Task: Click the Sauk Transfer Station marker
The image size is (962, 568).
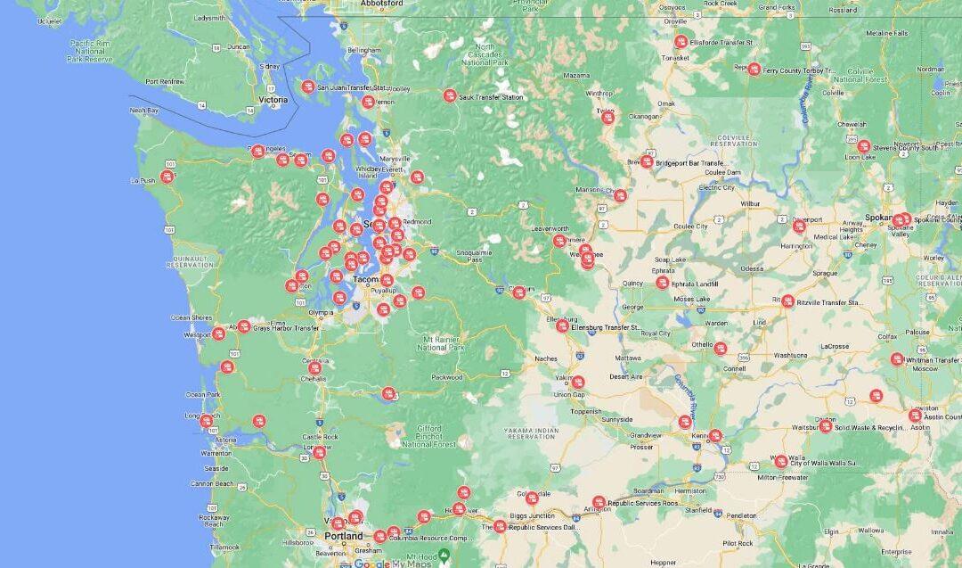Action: [450, 95]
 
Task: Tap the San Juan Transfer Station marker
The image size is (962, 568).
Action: [308, 86]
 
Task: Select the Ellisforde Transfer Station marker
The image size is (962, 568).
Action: [681, 42]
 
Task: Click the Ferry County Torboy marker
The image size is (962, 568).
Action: [754, 69]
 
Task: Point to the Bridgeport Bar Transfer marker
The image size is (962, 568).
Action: [647, 162]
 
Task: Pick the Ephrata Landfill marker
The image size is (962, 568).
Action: [662, 283]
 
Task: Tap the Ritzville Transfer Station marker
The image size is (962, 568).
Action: [788, 301]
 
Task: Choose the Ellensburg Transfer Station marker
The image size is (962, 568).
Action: [563, 326]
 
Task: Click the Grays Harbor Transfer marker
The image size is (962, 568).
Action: [244, 327]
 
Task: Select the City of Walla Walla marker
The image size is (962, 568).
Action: [781, 462]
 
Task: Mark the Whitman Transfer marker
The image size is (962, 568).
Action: [897, 359]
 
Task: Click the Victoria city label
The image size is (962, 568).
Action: [273, 100]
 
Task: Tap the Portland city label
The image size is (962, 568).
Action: [344, 536]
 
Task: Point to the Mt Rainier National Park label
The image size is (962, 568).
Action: [444, 343]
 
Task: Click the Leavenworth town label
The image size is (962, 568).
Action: [550, 229]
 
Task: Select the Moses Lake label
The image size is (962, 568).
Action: [691, 299]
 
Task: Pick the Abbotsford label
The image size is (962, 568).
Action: [382, 4]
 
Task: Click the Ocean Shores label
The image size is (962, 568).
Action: [192, 317]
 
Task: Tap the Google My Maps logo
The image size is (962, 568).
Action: [391, 562]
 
